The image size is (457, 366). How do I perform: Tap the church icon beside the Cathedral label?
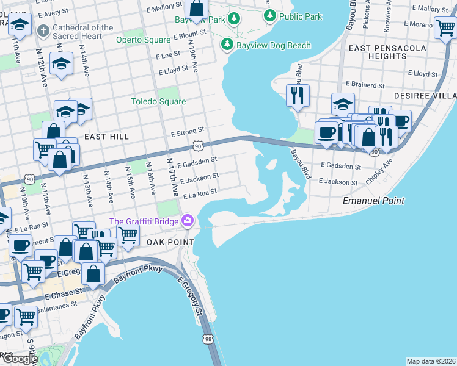(43, 30)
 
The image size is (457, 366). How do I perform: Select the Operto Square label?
(144, 40)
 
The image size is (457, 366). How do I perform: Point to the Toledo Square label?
(158, 101)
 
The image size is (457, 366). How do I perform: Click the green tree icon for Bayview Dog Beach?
(227, 45)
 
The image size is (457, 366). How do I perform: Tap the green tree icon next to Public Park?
(269, 15)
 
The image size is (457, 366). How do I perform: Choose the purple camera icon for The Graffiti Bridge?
(187, 221)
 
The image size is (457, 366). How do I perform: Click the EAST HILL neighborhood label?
(107, 137)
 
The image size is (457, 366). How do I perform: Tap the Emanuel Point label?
(373, 201)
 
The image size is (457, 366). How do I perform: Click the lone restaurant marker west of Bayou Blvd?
(298, 95)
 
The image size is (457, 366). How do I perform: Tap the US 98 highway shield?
(209, 339)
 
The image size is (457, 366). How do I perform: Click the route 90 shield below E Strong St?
(197, 146)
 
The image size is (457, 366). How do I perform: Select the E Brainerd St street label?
(365, 84)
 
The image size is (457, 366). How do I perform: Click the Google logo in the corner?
(20, 359)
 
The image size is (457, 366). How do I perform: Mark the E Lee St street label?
(168, 56)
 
